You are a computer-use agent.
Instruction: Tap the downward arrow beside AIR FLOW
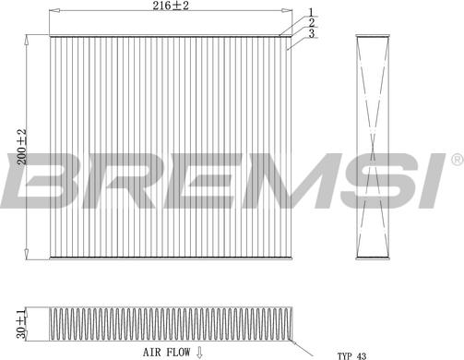(198, 352)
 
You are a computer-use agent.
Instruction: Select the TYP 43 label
(351, 354)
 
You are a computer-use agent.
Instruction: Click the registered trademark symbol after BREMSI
(456, 161)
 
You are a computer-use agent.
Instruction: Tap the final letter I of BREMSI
(426, 181)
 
